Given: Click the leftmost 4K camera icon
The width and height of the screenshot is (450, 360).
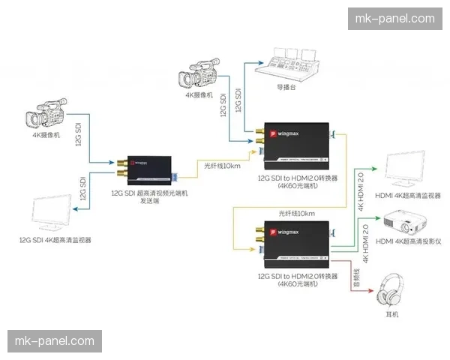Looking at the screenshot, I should pyautogui.click(x=46, y=118).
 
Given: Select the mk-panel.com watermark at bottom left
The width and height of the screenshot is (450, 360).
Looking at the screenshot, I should pyautogui.click(x=54, y=342).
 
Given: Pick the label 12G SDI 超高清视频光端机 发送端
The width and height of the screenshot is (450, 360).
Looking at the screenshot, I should pyautogui.click(x=149, y=197).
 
